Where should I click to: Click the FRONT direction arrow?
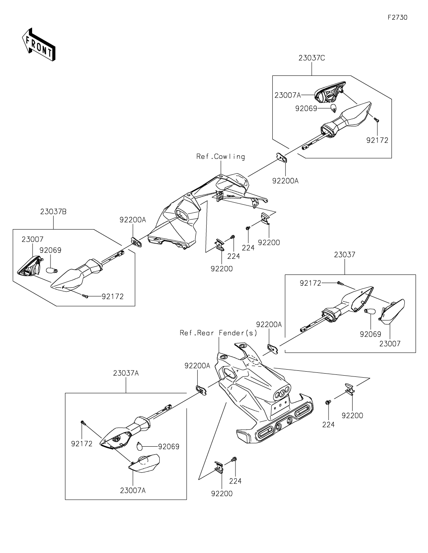pyautogui.click(x=39, y=45)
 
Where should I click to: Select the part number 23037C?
pyautogui.click(x=312, y=58)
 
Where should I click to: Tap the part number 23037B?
pyautogui.click(x=53, y=211)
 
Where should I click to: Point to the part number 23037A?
pyautogui.click(x=126, y=373)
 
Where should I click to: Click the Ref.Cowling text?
pyautogui.click(x=221, y=157)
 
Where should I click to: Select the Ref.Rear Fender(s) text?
pyautogui.click(x=219, y=333)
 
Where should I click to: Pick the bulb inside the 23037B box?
pyautogui.click(x=52, y=270)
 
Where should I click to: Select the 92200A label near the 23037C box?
pyautogui.click(x=285, y=181)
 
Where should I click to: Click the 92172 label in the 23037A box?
pyautogui.click(x=81, y=444)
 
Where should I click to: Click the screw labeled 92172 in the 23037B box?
pyautogui.click(x=85, y=296)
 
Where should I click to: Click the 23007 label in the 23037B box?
pyautogui.click(x=32, y=239)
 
